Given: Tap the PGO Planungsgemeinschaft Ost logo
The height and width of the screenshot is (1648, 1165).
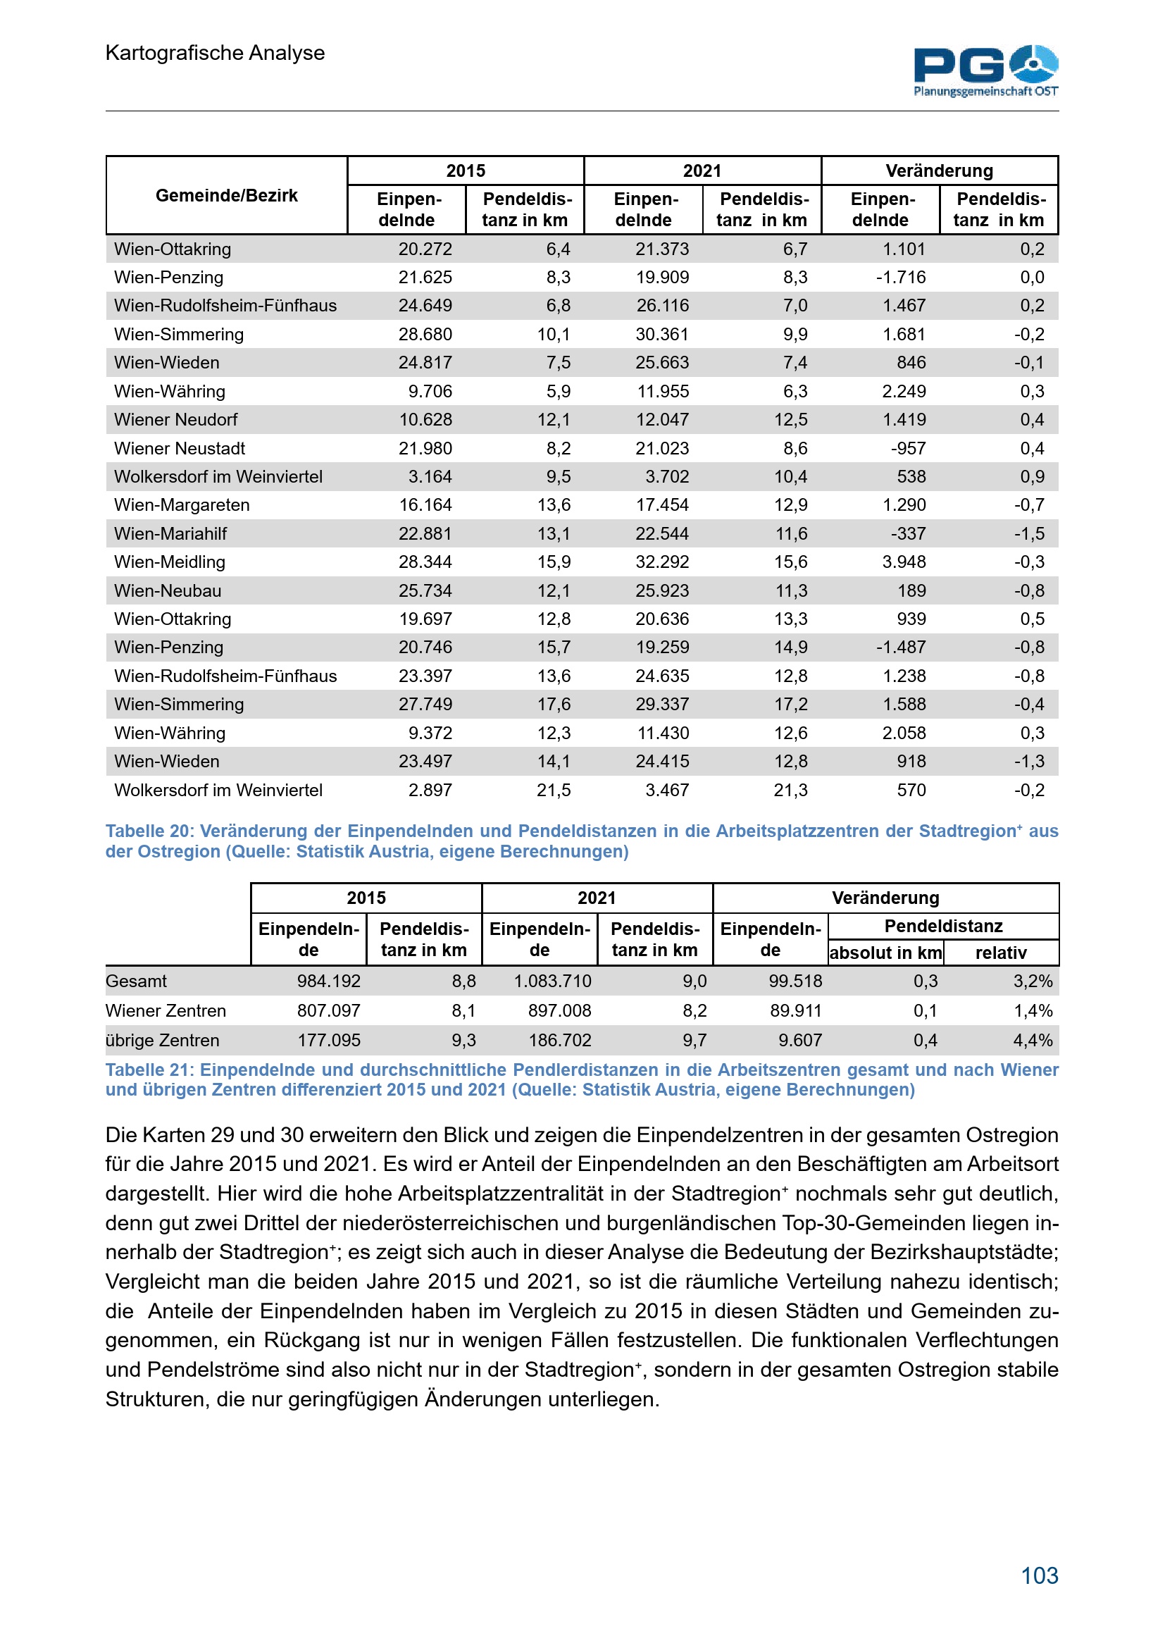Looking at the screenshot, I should tap(985, 70).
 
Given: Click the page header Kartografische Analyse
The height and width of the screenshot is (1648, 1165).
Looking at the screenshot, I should tap(215, 53).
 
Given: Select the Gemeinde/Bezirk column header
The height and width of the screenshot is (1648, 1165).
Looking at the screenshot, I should tap(226, 195).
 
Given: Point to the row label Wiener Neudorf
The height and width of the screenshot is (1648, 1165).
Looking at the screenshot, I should tap(176, 420).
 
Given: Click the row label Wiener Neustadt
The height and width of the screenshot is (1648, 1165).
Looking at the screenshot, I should tap(180, 449).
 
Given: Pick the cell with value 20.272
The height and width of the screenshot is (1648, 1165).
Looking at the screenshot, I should tap(425, 249).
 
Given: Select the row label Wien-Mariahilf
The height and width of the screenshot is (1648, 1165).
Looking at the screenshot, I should tap(170, 534).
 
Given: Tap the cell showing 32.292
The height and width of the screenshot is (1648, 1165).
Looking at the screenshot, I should tap(661, 562).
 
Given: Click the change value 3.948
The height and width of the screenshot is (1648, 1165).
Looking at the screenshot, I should tap(903, 562).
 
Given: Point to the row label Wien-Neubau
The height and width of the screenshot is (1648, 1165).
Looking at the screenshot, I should tap(167, 590).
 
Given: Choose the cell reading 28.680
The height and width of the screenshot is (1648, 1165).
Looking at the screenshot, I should tap(425, 335).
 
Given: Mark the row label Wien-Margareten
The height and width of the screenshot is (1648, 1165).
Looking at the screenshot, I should tap(182, 505).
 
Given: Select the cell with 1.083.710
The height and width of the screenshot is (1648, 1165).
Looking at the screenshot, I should tap(552, 981).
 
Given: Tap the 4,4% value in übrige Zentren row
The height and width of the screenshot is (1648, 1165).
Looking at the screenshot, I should tap(1033, 1040).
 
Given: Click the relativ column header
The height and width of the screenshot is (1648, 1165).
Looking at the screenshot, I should tap(1001, 953).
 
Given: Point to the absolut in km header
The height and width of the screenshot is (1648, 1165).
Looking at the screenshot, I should tap(885, 953).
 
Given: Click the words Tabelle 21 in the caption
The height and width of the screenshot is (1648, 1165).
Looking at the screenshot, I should tap(149, 1070).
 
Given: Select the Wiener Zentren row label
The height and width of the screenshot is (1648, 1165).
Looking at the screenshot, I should tap(165, 1010).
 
